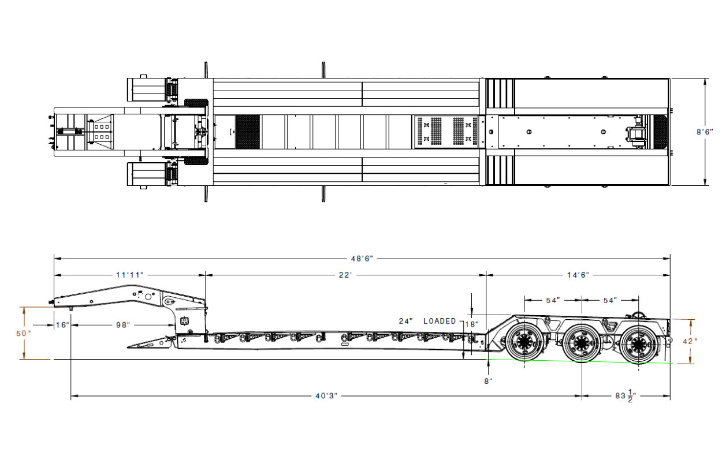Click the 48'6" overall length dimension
tap(362, 259)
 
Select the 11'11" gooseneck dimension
tap(129, 275)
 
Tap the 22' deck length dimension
tap(345, 275)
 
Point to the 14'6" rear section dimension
tap(578, 275)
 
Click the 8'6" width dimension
tap(705, 132)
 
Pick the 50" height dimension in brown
tap(24, 333)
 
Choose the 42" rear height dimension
tap(690, 341)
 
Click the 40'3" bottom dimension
tap(326, 395)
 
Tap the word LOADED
tap(440, 321)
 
